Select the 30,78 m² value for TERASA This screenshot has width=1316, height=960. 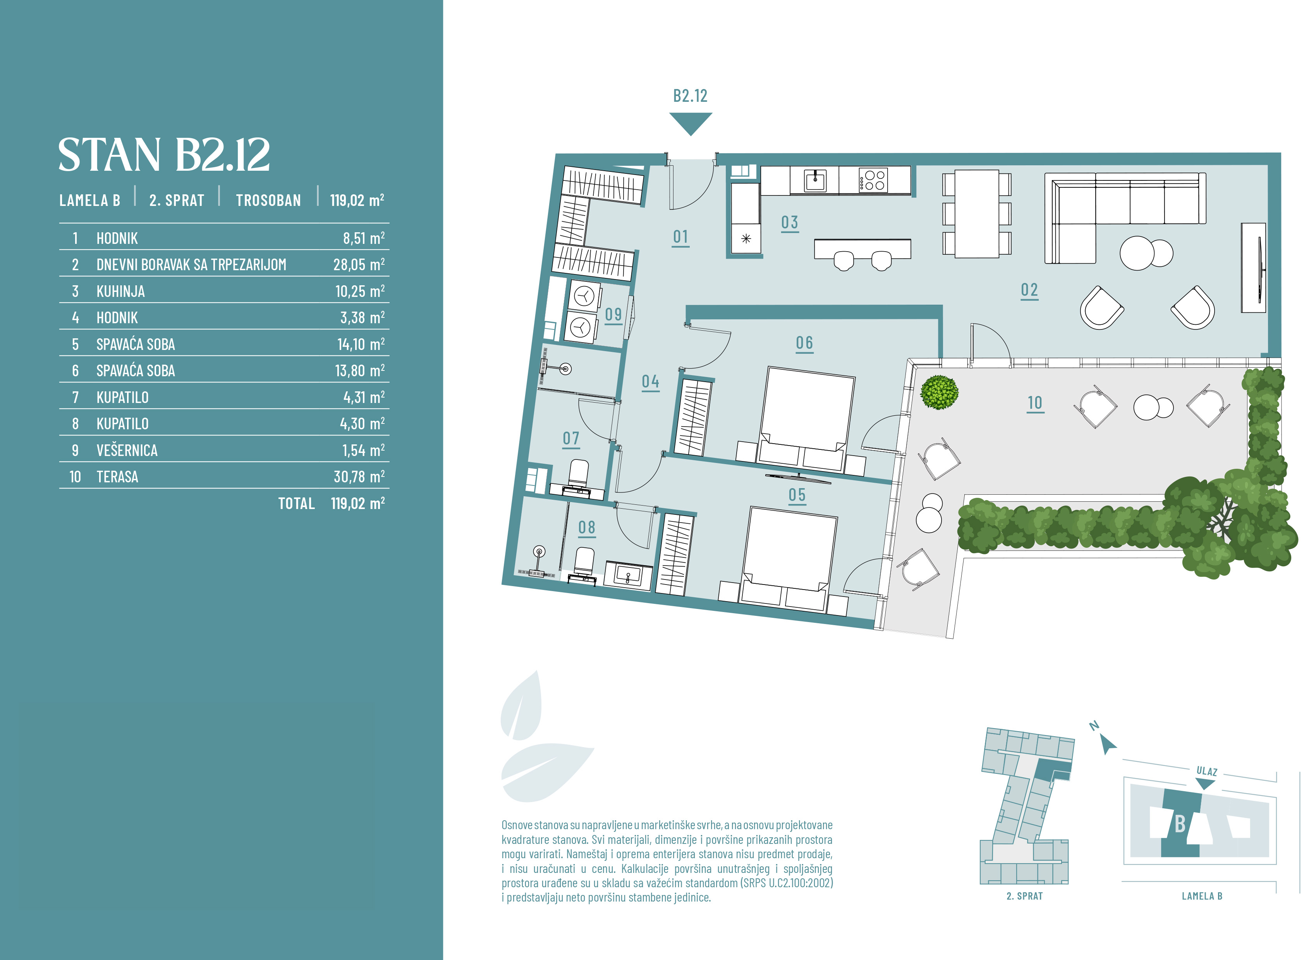(x=359, y=477)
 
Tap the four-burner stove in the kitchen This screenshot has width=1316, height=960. (x=873, y=180)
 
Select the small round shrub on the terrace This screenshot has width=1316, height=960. (x=939, y=392)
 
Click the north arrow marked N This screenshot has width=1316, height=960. (x=1107, y=744)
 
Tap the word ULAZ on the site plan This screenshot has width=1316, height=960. (x=1207, y=771)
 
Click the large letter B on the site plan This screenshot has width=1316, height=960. (x=1179, y=823)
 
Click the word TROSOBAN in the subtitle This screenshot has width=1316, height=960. (x=268, y=201)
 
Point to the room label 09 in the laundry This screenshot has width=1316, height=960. (x=613, y=314)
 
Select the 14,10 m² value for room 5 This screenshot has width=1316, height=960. (x=361, y=344)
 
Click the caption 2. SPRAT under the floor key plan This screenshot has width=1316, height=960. (x=1025, y=896)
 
